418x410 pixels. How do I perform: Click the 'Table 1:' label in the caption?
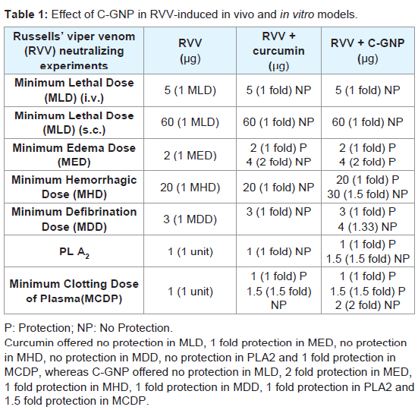click(26, 14)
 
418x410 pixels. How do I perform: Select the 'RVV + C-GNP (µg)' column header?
click(368, 51)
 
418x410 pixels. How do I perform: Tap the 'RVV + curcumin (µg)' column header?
click(278, 51)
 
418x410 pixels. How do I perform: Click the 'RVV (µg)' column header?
click(190, 51)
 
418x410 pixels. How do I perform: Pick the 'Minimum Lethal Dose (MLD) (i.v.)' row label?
click(74, 90)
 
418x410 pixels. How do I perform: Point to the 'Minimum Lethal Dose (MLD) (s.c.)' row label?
click(74, 123)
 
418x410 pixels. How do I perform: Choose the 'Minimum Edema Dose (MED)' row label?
click(74, 155)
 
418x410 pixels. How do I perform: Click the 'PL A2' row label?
click(74, 252)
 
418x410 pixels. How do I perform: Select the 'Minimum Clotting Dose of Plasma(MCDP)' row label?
click(74, 291)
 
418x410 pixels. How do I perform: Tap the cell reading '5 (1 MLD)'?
click(190, 90)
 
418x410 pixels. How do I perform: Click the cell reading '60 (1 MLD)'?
click(190, 122)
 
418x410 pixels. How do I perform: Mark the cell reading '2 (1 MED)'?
click(190, 155)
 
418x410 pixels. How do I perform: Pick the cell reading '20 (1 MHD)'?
click(190, 188)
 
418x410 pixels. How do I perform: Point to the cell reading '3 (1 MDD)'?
click(190, 219)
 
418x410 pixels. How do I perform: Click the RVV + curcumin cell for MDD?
click(278, 212)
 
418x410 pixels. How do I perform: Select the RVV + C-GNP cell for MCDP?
click(368, 291)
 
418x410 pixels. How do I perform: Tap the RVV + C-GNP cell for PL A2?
click(368, 251)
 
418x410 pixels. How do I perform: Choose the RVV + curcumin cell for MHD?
click(278, 188)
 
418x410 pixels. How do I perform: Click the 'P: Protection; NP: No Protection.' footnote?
click(89, 328)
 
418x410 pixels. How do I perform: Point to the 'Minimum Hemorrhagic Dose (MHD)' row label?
click(74, 187)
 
